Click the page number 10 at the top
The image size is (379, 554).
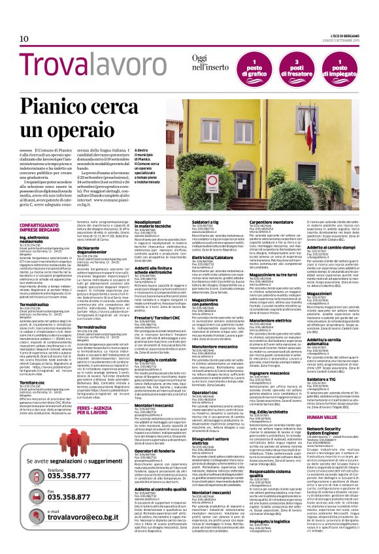click(x=24, y=38)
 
